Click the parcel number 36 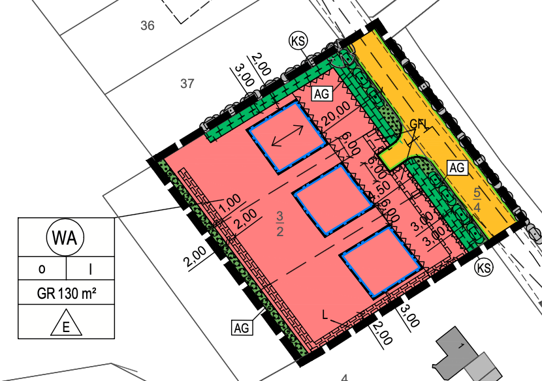pos(148,26)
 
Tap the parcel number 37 pos(188,84)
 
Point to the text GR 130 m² pos(66,294)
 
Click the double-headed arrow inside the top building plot pos(287,136)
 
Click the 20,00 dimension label pos(334,114)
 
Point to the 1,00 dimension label pos(231,202)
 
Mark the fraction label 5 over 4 pos(477,199)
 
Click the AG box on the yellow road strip pos(458,168)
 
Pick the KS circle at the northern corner pos(299,42)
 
